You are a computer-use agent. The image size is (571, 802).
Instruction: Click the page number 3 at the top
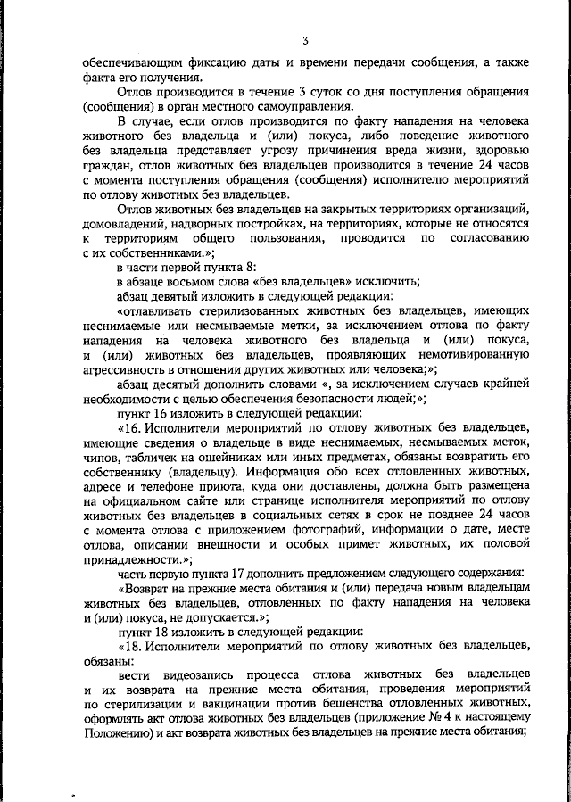coord(305,40)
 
